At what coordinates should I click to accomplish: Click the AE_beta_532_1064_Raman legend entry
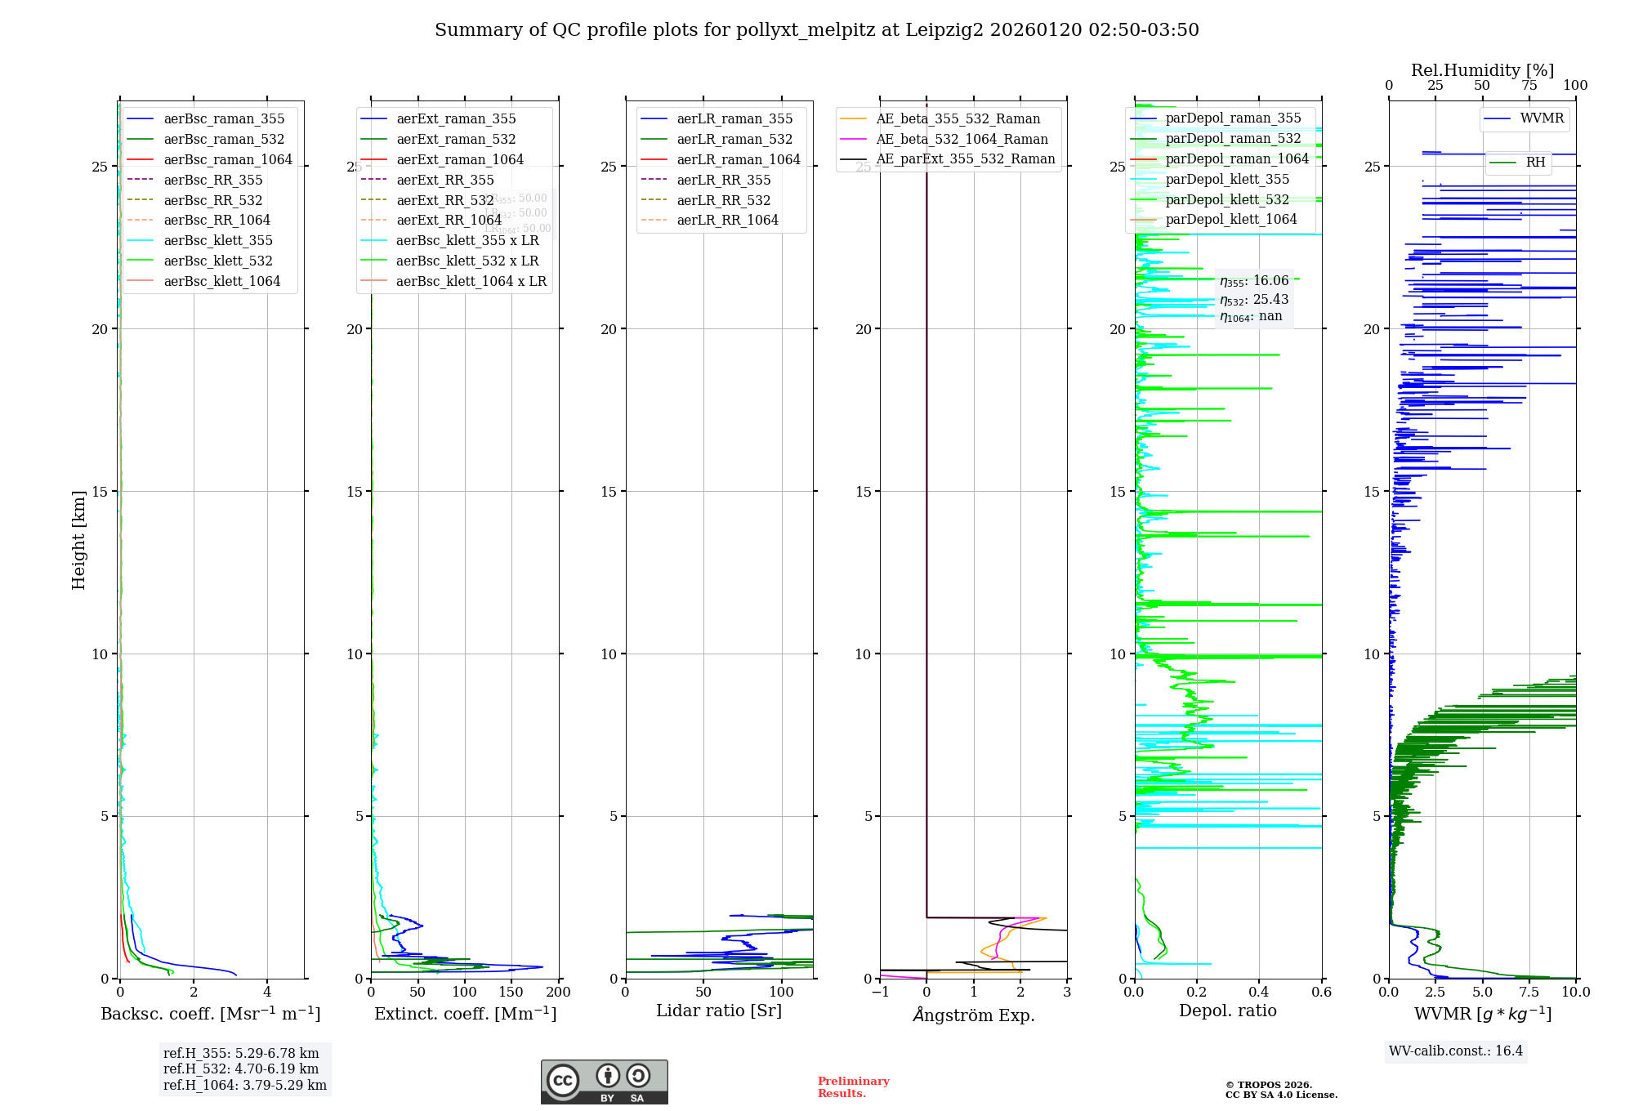(962, 139)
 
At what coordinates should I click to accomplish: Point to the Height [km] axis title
(78, 540)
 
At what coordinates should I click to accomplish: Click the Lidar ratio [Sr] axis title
(719, 1011)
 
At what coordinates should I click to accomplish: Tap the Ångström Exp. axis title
(974, 1015)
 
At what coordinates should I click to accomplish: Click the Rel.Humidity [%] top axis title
(1482, 70)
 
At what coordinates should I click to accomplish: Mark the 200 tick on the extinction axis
(559, 993)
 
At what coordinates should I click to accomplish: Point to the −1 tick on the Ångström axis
(880, 993)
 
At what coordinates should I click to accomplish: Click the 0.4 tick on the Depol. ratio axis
(1259, 993)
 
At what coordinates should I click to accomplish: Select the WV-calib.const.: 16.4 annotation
(1456, 1051)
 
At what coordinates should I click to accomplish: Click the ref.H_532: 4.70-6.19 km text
(241, 1069)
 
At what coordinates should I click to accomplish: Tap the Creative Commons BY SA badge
(604, 1082)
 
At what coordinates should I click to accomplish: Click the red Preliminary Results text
(853, 1086)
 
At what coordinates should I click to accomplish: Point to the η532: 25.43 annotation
(1254, 300)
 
